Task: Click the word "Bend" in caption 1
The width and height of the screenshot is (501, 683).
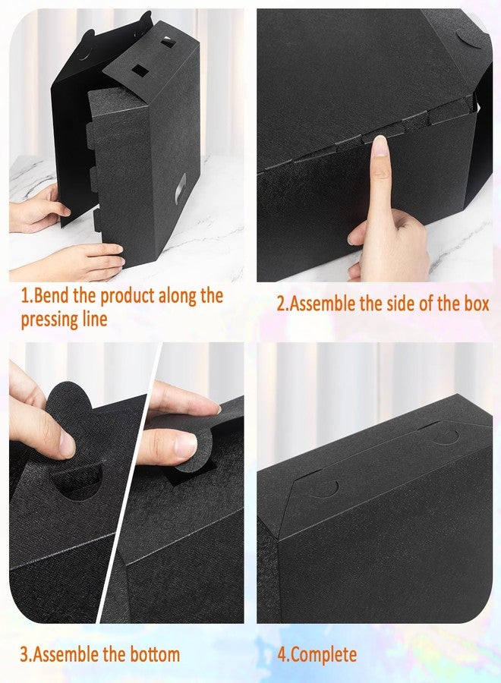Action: pos(53,296)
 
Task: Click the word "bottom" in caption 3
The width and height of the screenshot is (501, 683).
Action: pos(152,653)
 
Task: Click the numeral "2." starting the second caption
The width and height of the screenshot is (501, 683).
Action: pos(282,304)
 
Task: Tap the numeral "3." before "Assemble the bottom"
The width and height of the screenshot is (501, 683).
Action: pos(26,653)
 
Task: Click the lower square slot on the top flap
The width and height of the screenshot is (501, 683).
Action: pos(140,71)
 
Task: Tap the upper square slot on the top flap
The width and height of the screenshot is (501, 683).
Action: pos(166,43)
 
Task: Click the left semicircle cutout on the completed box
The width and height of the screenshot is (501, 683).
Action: pos(324,486)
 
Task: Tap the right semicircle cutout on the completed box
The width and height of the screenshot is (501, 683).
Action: pos(446,436)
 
